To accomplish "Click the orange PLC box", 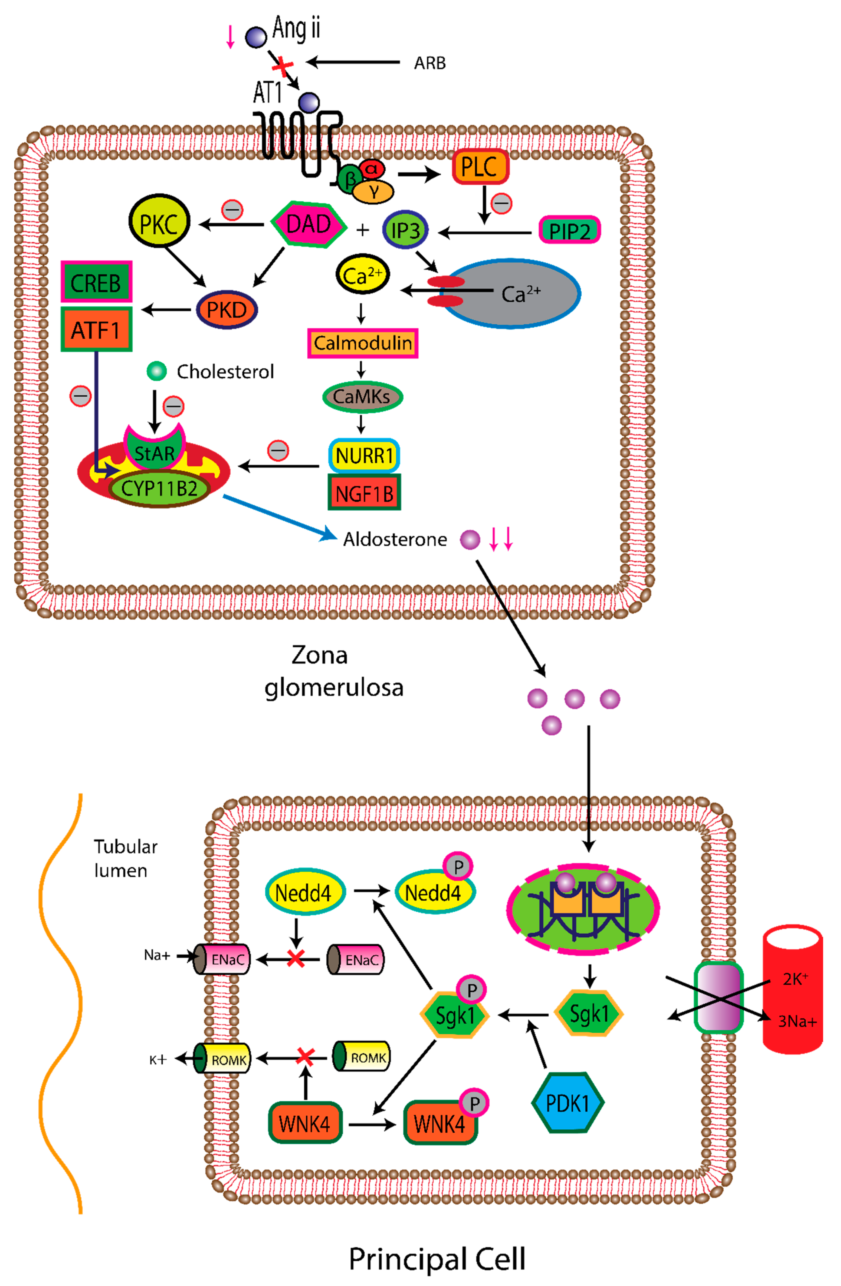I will pos(480,167).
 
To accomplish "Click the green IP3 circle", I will pos(405,230).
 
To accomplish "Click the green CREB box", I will pos(96,283).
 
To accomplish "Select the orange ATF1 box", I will pos(96,330).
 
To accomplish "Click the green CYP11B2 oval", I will pos(159,489).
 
